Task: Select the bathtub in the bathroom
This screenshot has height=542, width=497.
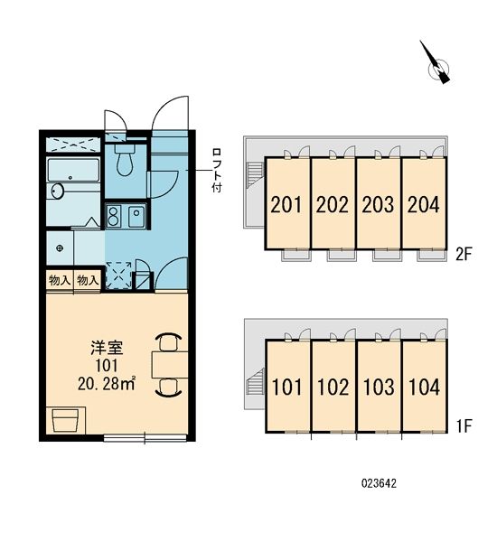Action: click(73, 170)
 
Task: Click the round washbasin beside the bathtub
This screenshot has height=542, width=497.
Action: click(58, 191)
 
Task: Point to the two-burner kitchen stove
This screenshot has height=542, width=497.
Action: click(113, 217)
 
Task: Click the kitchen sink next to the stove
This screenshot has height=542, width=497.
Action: click(136, 217)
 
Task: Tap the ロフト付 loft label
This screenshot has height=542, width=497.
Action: click(217, 171)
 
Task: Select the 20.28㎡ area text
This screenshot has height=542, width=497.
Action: click(107, 384)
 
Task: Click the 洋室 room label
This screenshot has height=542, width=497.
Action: click(107, 348)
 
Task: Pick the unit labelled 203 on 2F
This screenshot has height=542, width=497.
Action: click(378, 204)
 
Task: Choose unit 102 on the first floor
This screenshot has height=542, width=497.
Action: click(333, 386)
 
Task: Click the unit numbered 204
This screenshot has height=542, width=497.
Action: click(423, 204)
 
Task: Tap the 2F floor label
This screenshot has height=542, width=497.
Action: click(464, 255)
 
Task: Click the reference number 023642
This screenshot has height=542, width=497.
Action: click(379, 483)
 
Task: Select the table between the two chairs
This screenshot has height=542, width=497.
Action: click(170, 365)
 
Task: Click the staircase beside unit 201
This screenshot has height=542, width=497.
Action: click(255, 175)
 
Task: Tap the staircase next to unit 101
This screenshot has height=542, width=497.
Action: click(255, 382)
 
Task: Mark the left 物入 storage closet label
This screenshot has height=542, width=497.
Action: click(60, 280)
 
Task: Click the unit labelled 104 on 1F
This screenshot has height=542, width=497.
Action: click(424, 386)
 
